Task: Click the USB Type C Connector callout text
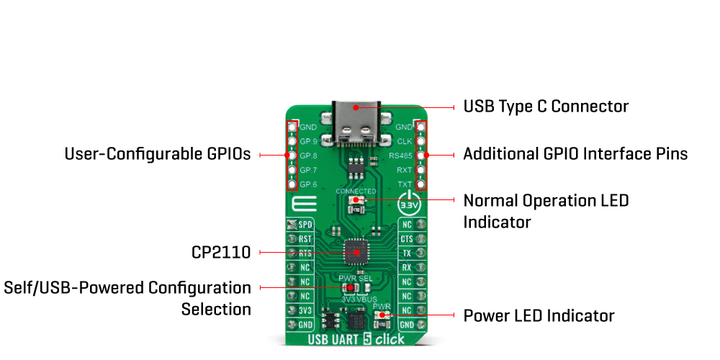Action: point(546,107)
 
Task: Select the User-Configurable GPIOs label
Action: point(158,154)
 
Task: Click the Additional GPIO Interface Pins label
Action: point(575,154)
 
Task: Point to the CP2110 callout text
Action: point(221,252)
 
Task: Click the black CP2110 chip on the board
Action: point(356,250)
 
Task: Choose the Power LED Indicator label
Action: point(539,316)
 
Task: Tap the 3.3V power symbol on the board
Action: point(408,204)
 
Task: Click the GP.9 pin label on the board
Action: point(309,141)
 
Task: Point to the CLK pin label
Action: point(404,141)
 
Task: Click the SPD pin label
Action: point(305,225)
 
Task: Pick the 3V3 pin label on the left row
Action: point(305,310)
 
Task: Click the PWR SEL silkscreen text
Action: point(356,278)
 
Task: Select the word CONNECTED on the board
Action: point(356,192)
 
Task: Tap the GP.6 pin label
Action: point(309,184)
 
